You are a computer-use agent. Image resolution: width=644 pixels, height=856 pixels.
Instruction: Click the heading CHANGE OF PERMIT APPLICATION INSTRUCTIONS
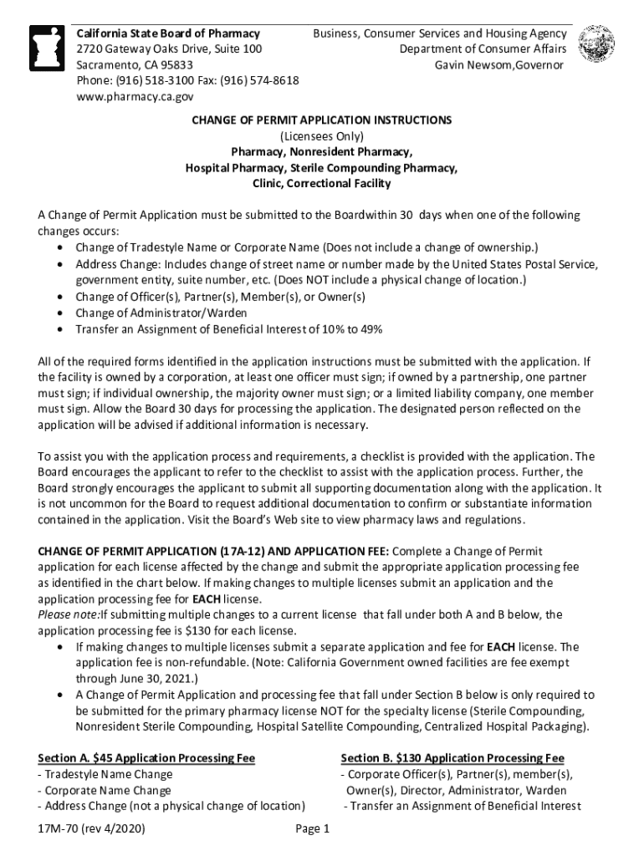click(321, 120)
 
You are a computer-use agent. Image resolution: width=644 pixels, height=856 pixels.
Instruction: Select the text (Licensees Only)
click(321, 136)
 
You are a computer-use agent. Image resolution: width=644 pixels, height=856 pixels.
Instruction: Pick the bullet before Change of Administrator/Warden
click(62, 313)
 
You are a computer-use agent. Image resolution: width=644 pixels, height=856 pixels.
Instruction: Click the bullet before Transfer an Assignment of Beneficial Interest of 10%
click(62, 329)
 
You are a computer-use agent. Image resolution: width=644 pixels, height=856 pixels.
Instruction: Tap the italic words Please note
click(68, 615)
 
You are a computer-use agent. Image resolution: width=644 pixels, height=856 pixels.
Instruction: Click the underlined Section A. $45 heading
click(146, 758)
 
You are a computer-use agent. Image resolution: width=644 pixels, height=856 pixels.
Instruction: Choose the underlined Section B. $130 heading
click(452, 758)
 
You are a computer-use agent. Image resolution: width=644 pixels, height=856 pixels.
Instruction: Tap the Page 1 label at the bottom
click(314, 829)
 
